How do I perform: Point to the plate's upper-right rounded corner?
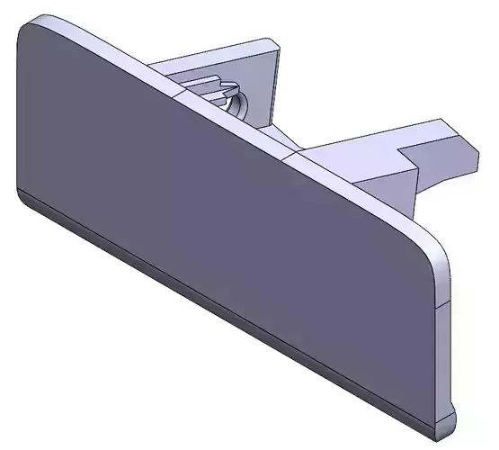(437, 247)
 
